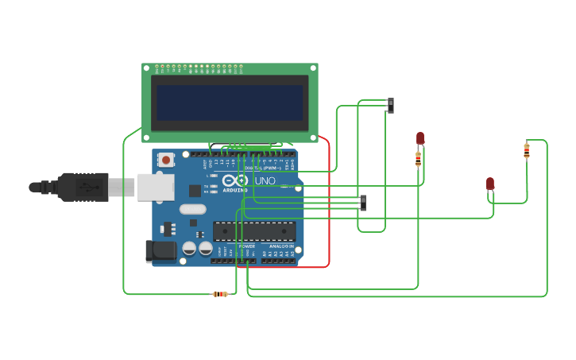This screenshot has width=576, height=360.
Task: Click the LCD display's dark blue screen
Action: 230,103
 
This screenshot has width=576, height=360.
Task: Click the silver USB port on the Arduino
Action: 156,188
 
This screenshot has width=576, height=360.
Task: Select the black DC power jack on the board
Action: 160,251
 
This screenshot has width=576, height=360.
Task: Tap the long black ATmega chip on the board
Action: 254,231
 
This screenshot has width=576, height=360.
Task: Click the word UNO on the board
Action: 265,181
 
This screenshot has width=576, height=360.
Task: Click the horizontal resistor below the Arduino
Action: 220,294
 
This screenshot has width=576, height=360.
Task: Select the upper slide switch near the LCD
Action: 390,105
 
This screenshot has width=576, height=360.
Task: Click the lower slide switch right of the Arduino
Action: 363,203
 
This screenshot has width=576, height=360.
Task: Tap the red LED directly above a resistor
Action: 420,139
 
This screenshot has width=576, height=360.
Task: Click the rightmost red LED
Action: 490,184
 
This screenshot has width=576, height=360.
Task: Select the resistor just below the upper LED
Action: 419,159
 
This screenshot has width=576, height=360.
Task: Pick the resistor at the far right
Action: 526,150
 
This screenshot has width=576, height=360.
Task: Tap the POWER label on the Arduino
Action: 247,246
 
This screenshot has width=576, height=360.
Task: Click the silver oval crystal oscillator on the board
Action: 192,210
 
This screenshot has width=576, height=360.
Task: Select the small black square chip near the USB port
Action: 195,191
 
